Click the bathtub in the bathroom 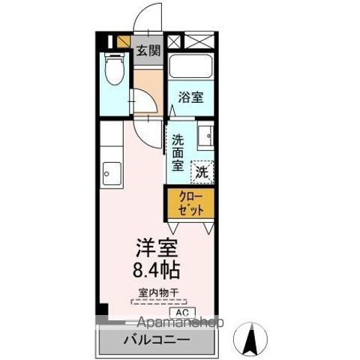pyautogui.click(x=190, y=67)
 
